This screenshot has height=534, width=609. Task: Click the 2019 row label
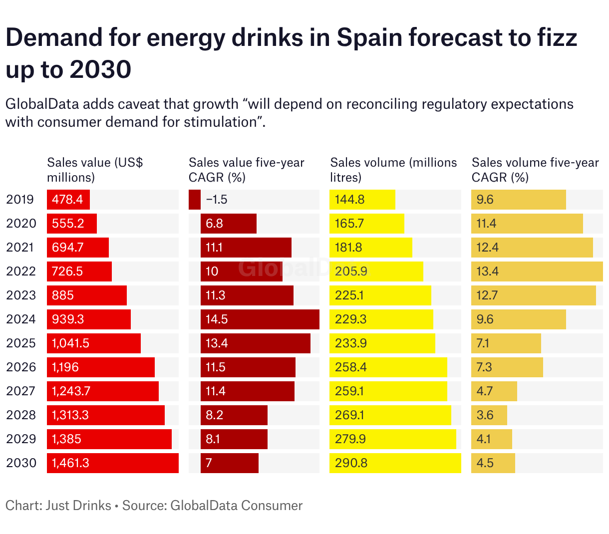pos(20,200)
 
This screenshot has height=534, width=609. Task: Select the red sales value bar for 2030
pos(112,463)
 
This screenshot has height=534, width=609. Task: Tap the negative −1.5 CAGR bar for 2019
pos(195,200)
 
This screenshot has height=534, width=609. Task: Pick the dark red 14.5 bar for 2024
pos(260,319)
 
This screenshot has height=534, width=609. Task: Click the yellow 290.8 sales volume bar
pos(395,463)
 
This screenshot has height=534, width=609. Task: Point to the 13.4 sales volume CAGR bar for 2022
pos(537,271)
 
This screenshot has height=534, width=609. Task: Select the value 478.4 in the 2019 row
pos(67,200)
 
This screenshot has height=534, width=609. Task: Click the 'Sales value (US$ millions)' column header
pos(95,170)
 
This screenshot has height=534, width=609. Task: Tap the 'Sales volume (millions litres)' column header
pos(393,170)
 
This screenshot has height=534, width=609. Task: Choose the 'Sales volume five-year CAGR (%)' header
pos(535,170)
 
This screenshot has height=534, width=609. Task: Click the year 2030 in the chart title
pos(100,69)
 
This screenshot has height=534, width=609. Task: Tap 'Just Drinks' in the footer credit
pos(78,506)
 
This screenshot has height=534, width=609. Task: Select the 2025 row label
pos(21,343)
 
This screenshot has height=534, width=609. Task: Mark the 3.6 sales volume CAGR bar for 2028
pos(489,415)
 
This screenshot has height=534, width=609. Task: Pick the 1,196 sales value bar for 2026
pos(100,367)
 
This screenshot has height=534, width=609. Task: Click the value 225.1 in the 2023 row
pos(349,295)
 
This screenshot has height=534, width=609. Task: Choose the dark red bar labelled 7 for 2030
pos(230,463)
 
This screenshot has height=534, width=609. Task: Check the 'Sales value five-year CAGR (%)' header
pos(246,170)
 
